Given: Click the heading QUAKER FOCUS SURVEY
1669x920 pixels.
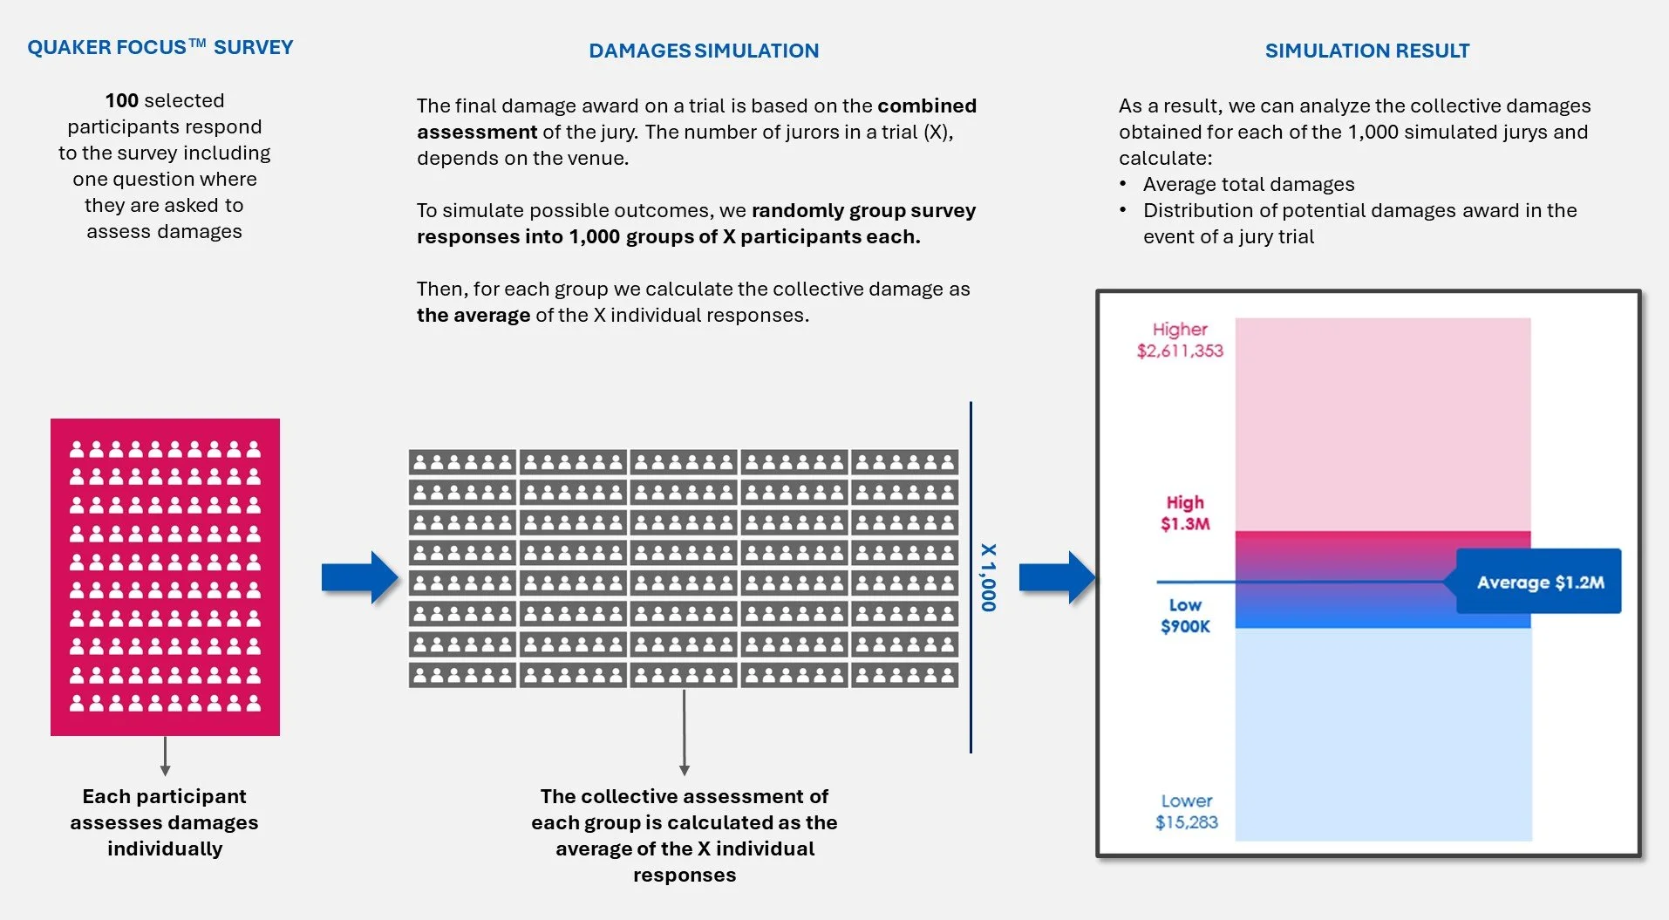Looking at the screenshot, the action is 160,47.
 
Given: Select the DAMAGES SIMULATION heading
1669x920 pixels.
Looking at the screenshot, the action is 704,51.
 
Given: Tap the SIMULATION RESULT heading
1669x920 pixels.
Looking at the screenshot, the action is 1367,51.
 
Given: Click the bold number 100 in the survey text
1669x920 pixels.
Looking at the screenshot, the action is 122,100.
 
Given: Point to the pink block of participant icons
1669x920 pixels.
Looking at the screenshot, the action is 165,577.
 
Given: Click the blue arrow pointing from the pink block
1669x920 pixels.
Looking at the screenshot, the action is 360,577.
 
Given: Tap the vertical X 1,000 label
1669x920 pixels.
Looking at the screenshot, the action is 988,577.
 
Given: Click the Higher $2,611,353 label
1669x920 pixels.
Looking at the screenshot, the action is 1180,340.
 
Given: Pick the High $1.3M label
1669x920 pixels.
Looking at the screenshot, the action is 1185,513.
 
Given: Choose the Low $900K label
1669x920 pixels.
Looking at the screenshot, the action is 1185,616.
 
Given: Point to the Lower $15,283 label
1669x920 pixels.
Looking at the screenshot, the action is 1187,811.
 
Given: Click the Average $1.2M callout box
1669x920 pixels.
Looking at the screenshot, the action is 1539,582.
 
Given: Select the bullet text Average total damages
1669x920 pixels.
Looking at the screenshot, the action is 1249,184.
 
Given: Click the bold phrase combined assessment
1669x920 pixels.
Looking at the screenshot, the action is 697,119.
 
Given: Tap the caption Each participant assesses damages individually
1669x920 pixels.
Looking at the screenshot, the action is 165,822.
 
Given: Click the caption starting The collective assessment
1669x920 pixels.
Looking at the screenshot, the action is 685,835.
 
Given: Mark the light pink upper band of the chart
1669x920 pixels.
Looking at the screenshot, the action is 1383,425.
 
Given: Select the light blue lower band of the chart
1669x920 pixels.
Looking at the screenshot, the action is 1383,734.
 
